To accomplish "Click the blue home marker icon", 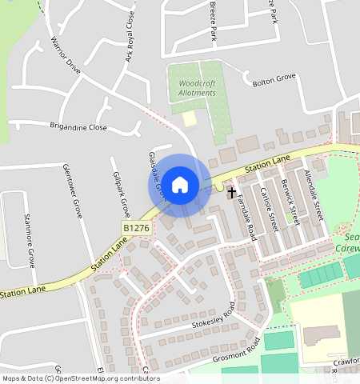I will [x=180, y=185].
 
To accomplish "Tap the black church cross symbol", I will [x=232, y=192].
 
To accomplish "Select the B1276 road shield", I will [x=137, y=229].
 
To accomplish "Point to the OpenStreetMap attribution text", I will [x=80, y=378].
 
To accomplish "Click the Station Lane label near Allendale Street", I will [x=267, y=166].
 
